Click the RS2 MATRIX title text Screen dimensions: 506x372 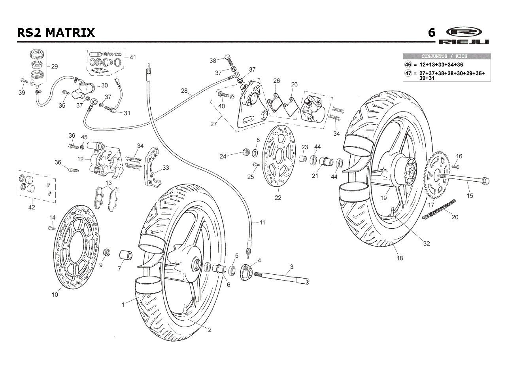pos(56,32)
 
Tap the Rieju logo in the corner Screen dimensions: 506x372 pos(464,36)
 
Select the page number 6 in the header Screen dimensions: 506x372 pos(432,33)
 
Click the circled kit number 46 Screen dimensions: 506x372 pos(408,65)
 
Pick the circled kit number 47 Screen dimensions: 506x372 pos(408,73)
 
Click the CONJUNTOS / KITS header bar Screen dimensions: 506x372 pos(447,56)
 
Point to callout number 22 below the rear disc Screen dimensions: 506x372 pos(278,197)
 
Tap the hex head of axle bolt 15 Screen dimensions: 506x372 pos(486,181)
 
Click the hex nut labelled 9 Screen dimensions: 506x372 pos(106,252)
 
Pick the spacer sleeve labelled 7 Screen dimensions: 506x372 pos(126,255)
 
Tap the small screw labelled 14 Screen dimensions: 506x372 pos(52,228)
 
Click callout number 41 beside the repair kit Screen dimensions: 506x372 pos(133,57)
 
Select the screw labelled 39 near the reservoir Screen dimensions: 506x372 pos(24,80)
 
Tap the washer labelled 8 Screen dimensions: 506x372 pos(255,153)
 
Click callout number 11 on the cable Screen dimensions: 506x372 pos(262,222)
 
